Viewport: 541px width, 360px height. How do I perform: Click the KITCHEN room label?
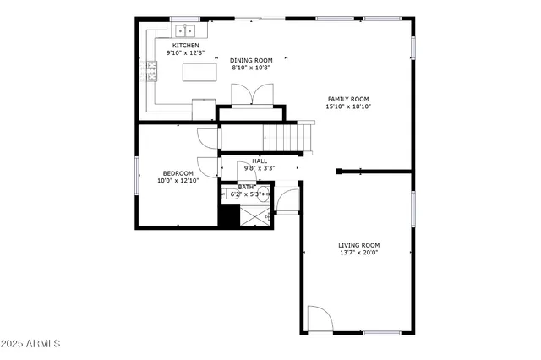(x=186, y=45)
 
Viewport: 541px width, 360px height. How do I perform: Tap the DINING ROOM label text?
(x=251, y=61)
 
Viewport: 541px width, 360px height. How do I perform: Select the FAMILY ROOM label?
(x=348, y=99)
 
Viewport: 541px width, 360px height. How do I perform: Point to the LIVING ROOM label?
(x=359, y=244)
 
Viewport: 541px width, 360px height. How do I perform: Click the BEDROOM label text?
(x=178, y=172)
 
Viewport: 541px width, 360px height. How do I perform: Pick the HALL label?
(x=260, y=161)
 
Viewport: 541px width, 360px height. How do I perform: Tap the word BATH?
(x=245, y=187)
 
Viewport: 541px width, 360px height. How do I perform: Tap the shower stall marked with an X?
(x=254, y=215)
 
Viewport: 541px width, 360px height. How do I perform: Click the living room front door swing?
(x=318, y=318)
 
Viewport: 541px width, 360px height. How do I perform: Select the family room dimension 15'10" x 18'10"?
(x=348, y=107)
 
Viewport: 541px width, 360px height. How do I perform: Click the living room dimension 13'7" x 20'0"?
(x=359, y=253)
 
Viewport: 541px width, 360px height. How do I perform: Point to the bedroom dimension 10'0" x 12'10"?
(x=178, y=181)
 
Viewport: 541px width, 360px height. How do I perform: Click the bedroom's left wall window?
(x=137, y=175)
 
